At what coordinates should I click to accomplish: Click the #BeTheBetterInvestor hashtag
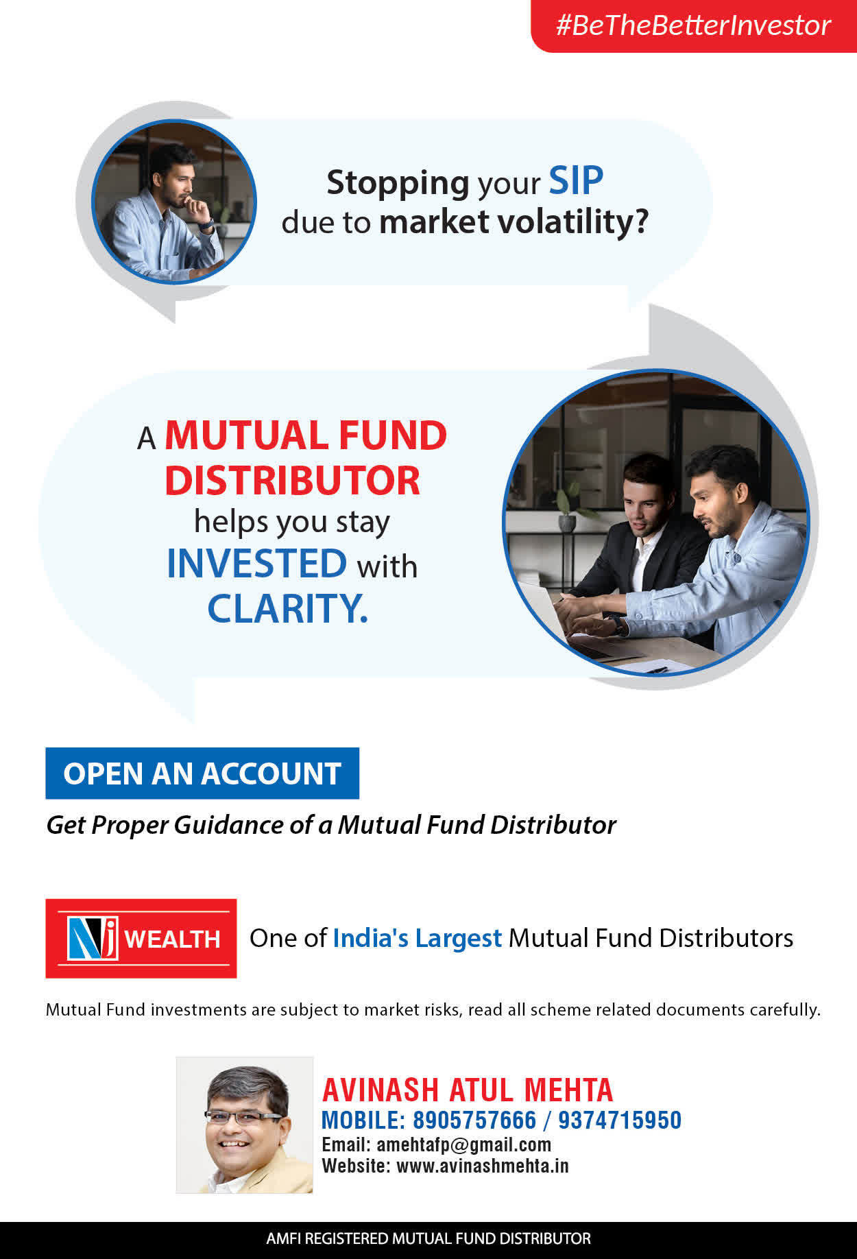tap(693, 25)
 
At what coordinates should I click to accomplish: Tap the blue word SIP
tap(576, 181)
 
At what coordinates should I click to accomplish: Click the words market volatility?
tap(514, 221)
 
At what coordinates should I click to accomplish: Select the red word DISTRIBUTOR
tap(292, 480)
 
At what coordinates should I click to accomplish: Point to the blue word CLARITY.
tap(288, 608)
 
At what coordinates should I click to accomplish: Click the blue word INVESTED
tap(257, 563)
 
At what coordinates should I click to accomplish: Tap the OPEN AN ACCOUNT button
tap(202, 774)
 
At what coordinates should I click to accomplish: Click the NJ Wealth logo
tap(141, 938)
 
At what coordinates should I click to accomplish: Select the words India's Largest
tap(418, 938)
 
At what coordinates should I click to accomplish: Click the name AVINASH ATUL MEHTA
tap(468, 1090)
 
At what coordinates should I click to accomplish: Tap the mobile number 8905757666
tap(474, 1120)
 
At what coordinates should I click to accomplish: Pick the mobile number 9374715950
tap(620, 1120)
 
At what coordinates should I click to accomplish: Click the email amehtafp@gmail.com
tap(464, 1144)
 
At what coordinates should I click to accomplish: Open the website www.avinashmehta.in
tap(483, 1166)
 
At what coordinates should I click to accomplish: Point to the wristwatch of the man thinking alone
tap(205, 224)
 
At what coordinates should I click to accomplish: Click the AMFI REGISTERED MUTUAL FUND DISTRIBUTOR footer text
tap(428, 1238)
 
